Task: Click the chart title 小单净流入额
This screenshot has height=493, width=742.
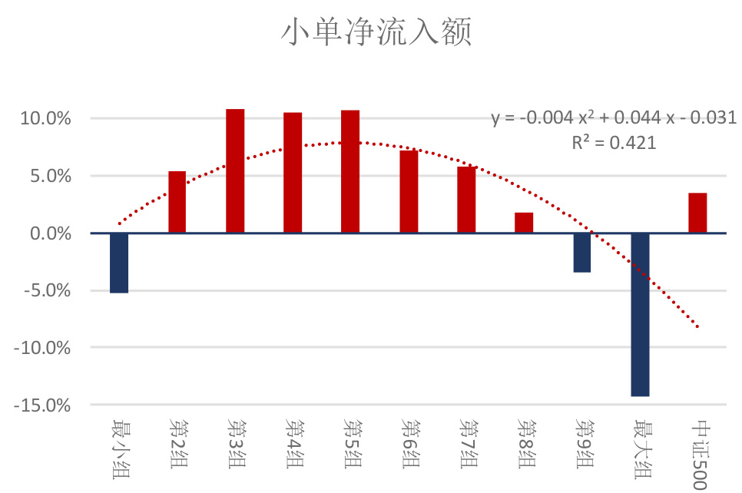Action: click(x=375, y=34)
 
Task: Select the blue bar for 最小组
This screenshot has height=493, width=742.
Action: click(x=119, y=263)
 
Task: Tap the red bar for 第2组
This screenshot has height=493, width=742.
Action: click(x=177, y=202)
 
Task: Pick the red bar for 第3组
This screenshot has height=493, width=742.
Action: click(x=235, y=170)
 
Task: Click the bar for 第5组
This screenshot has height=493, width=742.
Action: click(x=350, y=171)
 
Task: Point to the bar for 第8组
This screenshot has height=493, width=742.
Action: click(x=524, y=223)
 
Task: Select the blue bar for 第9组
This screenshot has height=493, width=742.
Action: click(x=581, y=253)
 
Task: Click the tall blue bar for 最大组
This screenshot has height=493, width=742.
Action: click(x=640, y=314)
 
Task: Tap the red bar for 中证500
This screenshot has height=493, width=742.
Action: click(x=697, y=213)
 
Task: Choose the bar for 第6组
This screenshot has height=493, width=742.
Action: click(x=409, y=192)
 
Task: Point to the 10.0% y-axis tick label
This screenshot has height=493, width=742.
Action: click(x=45, y=119)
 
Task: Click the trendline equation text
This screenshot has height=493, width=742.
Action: click(x=614, y=117)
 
